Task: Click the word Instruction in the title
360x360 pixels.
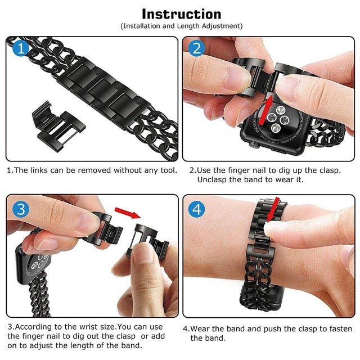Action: (181, 13)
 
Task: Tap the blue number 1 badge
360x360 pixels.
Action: (20, 49)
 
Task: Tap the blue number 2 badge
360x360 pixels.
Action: (196, 49)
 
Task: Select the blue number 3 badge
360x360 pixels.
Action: (20, 210)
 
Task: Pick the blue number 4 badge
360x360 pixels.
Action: (196, 210)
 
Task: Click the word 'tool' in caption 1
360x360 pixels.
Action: (166, 170)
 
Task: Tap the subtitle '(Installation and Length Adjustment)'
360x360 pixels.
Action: (181, 26)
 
